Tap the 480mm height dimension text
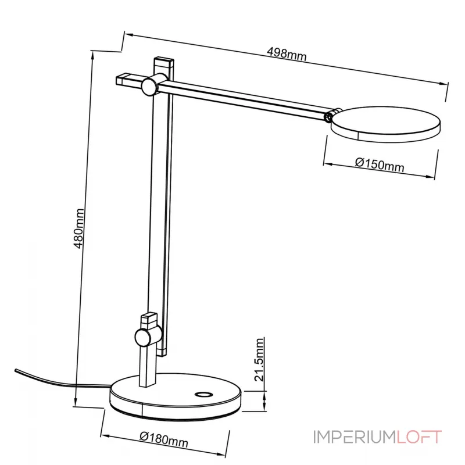tap(81, 228)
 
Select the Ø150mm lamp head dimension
tap(379, 164)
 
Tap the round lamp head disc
tap(385, 123)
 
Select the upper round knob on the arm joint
tap(149, 86)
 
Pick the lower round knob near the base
tap(144, 337)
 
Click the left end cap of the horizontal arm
tap(123, 78)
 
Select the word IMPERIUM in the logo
tap(355, 437)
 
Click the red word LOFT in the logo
tap(420, 437)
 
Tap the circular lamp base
tap(174, 401)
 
